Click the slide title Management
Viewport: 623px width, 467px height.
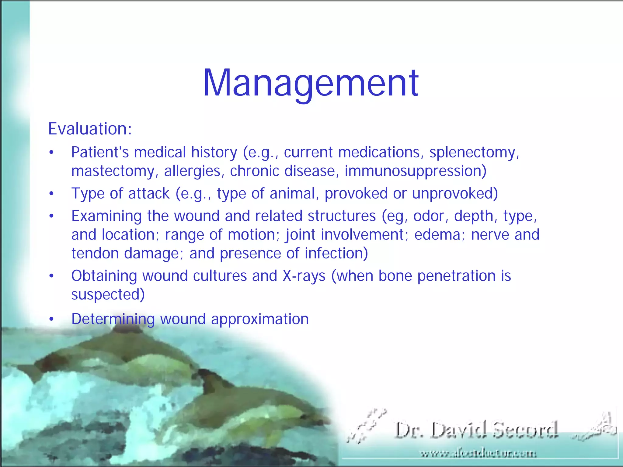[x=311, y=83]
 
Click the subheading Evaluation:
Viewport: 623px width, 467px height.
[x=90, y=129]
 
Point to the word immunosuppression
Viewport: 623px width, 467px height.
[x=415, y=171]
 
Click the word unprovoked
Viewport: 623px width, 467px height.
[x=455, y=194]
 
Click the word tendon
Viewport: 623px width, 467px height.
[x=95, y=253]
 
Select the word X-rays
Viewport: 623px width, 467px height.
[x=304, y=276]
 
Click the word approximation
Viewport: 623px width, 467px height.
[x=260, y=319]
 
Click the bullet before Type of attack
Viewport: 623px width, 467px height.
[x=52, y=194]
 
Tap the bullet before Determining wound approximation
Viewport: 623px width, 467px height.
[x=52, y=319]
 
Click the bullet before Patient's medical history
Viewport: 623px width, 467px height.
[x=52, y=153]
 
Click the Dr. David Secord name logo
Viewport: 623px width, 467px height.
[x=476, y=430]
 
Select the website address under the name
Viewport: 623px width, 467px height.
[x=478, y=454]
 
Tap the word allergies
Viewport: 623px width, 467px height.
[x=192, y=171]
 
